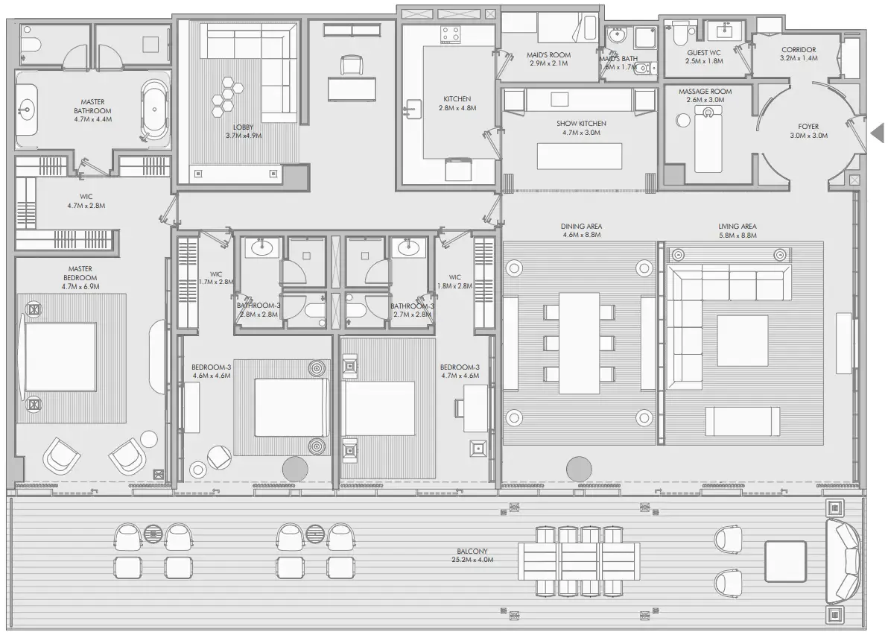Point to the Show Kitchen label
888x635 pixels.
(x=581, y=124)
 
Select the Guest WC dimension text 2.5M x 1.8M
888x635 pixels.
(x=704, y=61)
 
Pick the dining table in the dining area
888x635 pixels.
(x=579, y=343)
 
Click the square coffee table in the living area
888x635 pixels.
(x=743, y=340)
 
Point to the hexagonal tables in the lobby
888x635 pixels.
(x=227, y=95)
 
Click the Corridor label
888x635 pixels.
(x=799, y=49)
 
